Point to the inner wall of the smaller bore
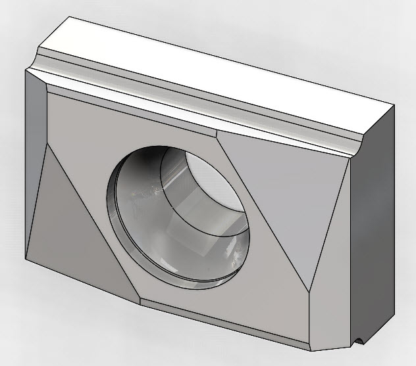click(x=197, y=204)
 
